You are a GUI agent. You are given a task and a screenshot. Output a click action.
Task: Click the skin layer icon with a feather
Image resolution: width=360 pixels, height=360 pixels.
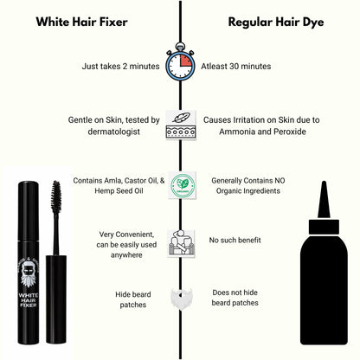[x=180, y=126]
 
